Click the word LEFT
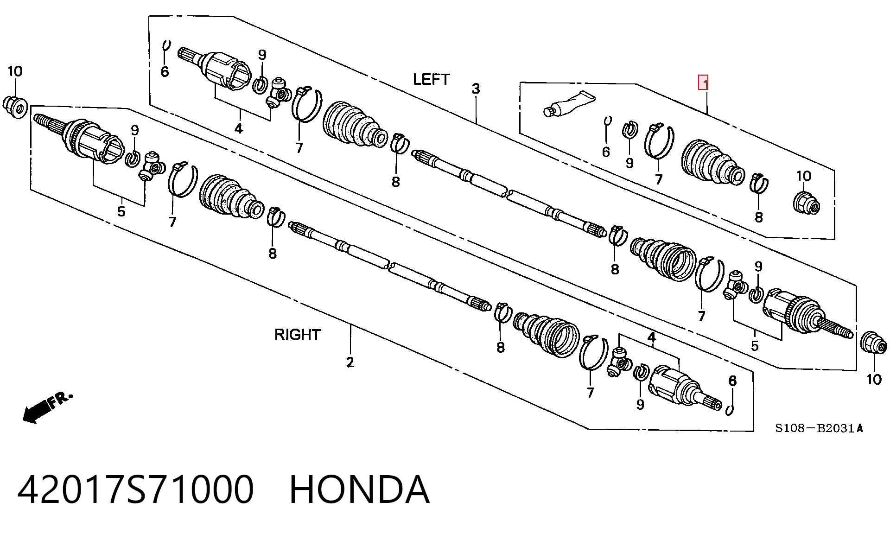pyautogui.click(x=431, y=79)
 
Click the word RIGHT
pyautogui.click(x=297, y=334)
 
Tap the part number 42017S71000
pyautogui.click(x=135, y=489)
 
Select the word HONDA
pyautogui.click(x=359, y=489)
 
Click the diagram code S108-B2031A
pyautogui.click(x=819, y=428)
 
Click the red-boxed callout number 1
pyautogui.click(x=704, y=83)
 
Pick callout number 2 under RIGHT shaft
pyautogui.click(x=350, y=362)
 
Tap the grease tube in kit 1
pyautogui.click(x=569, y=104)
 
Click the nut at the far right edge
pyautogui.click(x=873, y=344)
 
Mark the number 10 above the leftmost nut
pyautogui.click(x=15, y=71)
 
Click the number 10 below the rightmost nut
pyautogui.click(x=874, y=379)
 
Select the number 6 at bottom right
pyautogui.click(x=732, y=381)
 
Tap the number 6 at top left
pyautogui.click(x=165, y=72)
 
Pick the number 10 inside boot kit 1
pyautogui.click(x=804, y=176)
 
